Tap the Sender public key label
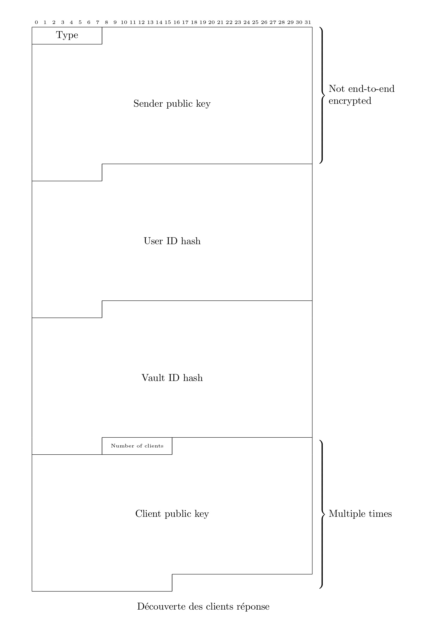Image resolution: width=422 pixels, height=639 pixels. click(172, 104)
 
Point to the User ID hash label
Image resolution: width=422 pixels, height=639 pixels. click(172, 241)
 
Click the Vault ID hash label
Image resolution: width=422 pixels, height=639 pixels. click(172, 378)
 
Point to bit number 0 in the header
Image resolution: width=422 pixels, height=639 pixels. click(36, 22)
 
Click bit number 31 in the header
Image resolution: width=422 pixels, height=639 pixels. click(308, 22)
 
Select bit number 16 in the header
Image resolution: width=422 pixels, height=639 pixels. click(177, 22)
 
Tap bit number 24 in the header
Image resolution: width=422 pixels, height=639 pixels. click(246, 22)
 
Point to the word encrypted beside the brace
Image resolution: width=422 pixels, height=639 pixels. click(350, 101)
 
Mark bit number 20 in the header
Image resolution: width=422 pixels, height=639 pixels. click(211, 22)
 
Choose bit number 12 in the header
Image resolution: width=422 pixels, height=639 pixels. click(141, 22)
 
